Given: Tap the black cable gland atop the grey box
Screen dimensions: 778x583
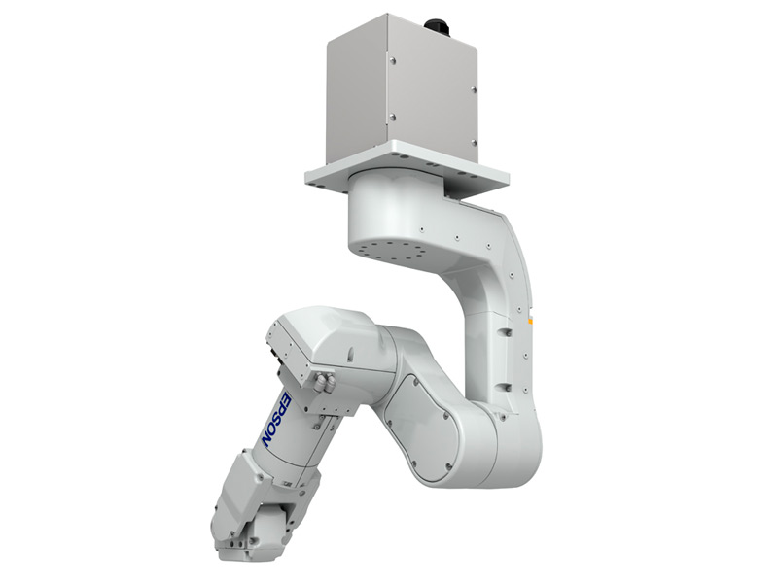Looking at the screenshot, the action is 437,27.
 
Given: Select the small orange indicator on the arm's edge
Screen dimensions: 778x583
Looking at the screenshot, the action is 530,323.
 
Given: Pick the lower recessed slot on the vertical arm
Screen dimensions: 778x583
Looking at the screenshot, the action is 505,387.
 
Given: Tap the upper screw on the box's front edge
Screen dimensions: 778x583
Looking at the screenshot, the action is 393,61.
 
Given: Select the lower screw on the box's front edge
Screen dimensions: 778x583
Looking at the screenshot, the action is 392,117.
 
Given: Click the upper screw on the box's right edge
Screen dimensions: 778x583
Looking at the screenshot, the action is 473,89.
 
